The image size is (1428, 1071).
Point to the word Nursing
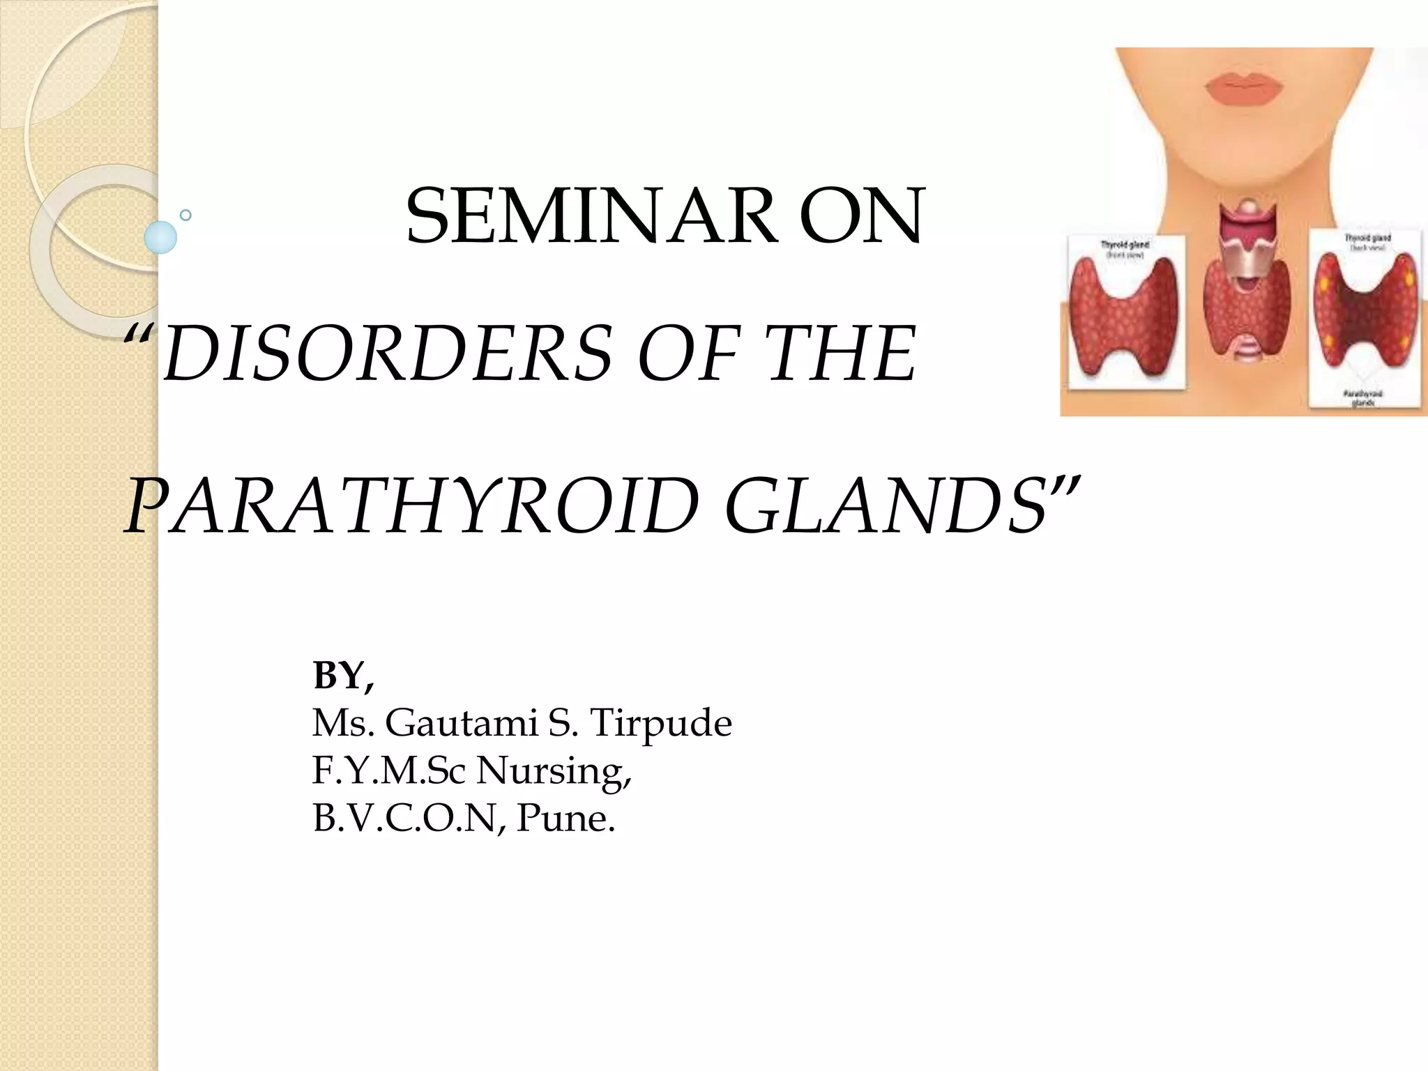click(554, 770)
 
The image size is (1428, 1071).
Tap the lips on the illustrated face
click(1243, 89)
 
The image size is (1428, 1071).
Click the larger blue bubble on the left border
click(160, 237)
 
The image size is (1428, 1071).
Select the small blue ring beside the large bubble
click(185, 215)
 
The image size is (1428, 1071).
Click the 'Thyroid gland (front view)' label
click(1125, 249)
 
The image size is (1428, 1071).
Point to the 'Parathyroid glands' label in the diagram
click(1362, 398)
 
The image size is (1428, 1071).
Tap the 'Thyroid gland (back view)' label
click(1367, 242)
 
